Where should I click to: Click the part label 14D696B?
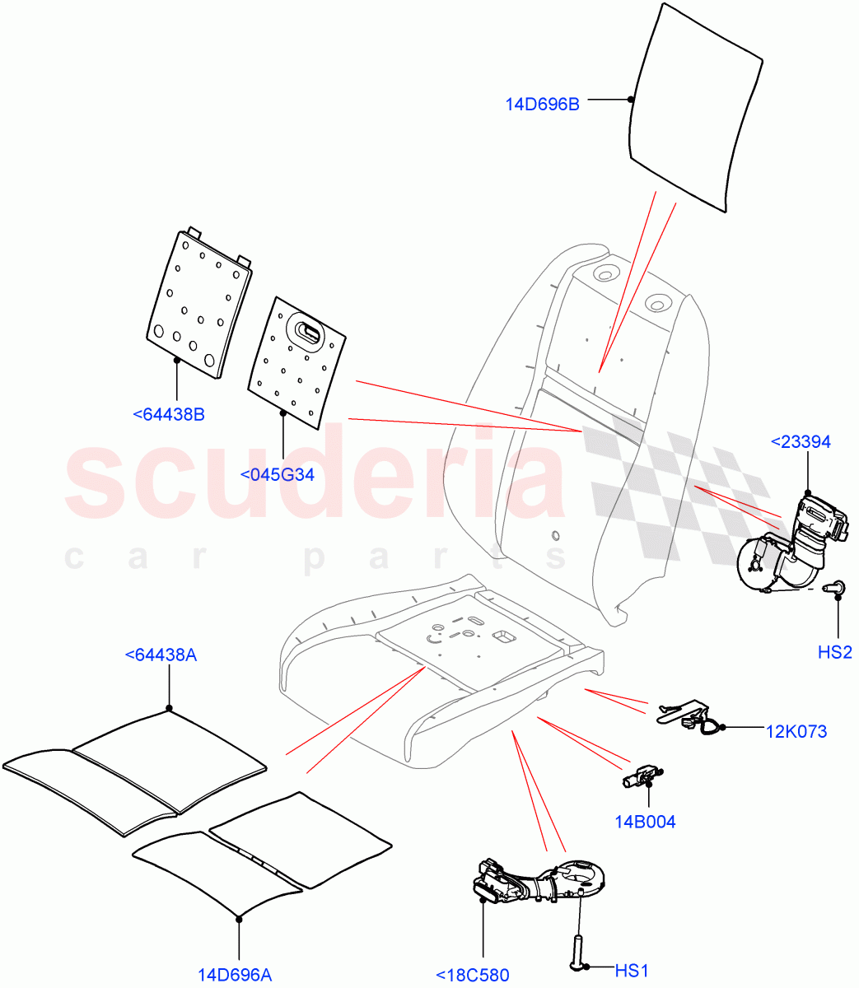click(542, 105)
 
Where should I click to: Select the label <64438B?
click(168, 414)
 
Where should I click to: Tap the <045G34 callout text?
click(277, 474)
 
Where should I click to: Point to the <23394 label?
click(800, 442)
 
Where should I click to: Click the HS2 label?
click(834, 652)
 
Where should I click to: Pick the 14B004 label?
click(645, 821)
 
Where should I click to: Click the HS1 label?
click(631, 971)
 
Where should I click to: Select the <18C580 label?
click(473, 975)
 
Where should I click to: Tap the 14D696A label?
click(235, 975)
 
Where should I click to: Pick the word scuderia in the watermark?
click(313, 478)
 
